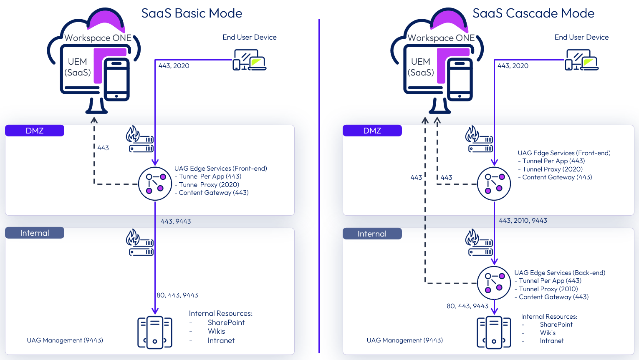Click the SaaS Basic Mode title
[x=192, y=13]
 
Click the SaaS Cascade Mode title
[x=533, y=13]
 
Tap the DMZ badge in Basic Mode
[x=35, y=131]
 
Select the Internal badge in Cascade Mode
[x=372, y=234]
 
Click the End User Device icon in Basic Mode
[x=249, y=60]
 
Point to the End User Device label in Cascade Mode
[x=581, y=37]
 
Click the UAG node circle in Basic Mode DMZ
[x=155, y=184]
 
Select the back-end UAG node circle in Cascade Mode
[x=494, y=283]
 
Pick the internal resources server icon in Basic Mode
[x=155, y=332]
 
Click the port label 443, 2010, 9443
[x=523, y=220]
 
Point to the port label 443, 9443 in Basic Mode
[x=176, y=221]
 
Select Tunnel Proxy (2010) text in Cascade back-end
[x=548, y=289]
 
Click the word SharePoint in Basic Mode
[x=226, y=322]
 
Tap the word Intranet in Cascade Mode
[x=551, y=341]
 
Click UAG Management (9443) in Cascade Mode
[x=404, y=340]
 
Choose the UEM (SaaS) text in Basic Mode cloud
[x=78, y=67]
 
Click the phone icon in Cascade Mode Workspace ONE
[x=460, y=80]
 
